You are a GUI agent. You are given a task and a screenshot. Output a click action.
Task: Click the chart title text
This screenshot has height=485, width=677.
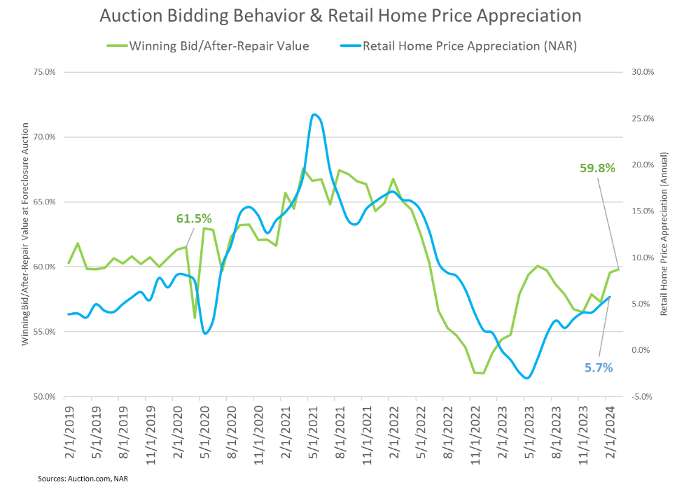(340, 15)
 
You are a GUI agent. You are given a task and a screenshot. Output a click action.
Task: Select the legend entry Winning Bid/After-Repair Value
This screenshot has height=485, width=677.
(219, 45)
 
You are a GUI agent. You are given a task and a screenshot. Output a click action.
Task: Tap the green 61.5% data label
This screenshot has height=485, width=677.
(194, 218)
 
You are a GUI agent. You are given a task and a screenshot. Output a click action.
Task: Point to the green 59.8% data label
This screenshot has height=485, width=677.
(597, 168)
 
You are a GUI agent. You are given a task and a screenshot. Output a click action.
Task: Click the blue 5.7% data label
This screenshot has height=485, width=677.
(599, 367)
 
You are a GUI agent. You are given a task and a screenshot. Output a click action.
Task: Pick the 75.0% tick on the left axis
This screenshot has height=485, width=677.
(43, 72)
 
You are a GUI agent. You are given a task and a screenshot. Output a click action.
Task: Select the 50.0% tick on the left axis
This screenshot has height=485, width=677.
(43, 397)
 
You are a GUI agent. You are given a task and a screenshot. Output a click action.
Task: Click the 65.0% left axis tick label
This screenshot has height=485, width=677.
(43, 202)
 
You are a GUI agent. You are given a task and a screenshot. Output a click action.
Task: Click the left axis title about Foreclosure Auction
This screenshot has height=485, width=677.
(25, 234)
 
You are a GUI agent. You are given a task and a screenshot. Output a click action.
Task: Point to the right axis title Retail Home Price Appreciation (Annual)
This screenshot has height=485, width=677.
(664, 234)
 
